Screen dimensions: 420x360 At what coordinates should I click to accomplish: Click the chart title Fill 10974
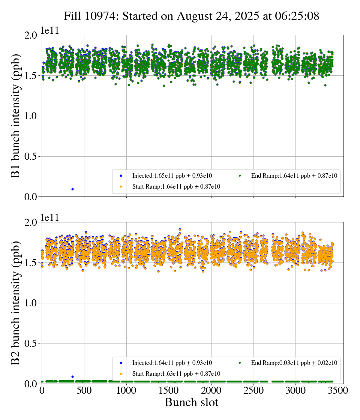coord(191,16)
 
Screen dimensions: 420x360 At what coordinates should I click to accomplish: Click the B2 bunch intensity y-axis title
coord(16,303)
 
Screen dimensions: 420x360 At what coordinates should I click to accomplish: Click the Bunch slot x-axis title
coord(191,403)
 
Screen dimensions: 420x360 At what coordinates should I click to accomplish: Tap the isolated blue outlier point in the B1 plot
coord(72,189)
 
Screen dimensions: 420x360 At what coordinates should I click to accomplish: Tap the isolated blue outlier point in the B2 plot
coord(72,376)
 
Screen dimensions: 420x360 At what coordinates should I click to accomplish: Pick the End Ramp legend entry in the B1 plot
coord(294,175)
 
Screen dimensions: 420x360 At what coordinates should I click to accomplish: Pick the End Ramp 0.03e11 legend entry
coord(294,363)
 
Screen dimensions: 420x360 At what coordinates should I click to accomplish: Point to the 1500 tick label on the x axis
coord(169,391)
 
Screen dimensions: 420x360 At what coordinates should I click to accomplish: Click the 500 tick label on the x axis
coord(84,391)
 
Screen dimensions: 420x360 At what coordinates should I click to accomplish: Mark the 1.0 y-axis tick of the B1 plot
coord(32,116)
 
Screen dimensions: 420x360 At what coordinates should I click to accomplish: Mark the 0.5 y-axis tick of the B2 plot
coord(32,344)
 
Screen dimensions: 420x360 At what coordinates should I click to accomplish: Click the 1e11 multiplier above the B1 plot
coord(50,31)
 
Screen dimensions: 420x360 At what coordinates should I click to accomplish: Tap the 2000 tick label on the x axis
coord(211,391)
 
